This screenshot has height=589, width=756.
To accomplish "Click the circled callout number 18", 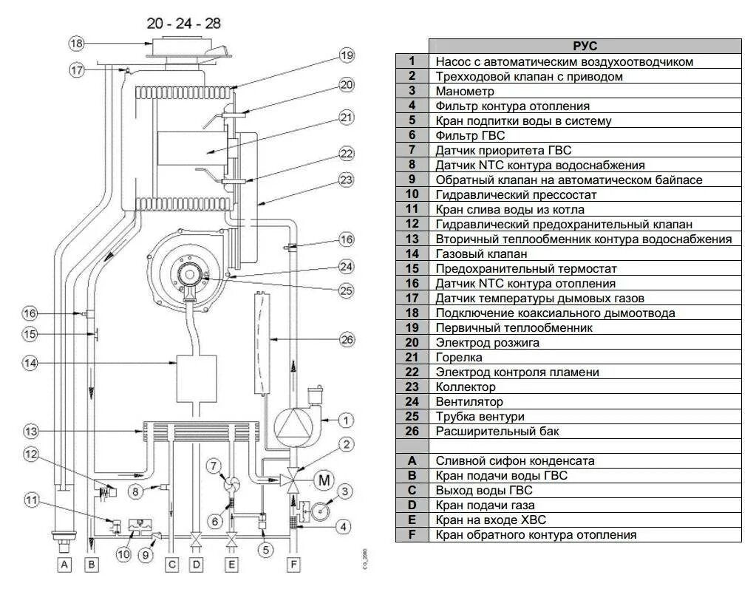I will [x=78, y=43].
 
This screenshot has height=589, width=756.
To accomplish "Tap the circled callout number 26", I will [x=347, y=339].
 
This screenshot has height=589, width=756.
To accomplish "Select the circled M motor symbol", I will [x=324, y=480].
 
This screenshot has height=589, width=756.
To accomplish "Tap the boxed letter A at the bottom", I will [x=64, y=565].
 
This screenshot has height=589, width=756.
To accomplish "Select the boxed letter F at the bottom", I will [x=293, y=565].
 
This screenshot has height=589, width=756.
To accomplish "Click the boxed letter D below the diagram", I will [x=196, y=565].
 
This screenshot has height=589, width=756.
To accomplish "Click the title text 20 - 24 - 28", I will [x=184, y=23].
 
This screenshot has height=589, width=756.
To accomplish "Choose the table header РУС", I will [x=585, y=47].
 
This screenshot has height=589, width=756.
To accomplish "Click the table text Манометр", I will [x=465, y=91].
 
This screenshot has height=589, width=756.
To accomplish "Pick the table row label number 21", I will [x=412, y=357].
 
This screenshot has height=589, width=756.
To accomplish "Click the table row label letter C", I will [x=412, y=490].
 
